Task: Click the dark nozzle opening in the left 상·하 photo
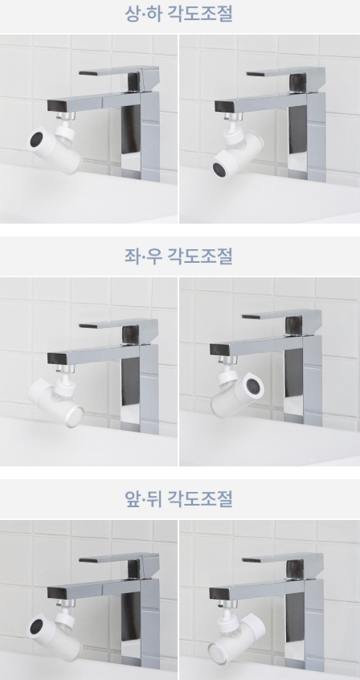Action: [x=36, y=139]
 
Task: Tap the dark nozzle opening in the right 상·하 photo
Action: [x=219, y=170]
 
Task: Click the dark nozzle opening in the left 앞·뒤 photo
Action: [x=36, y=626]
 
